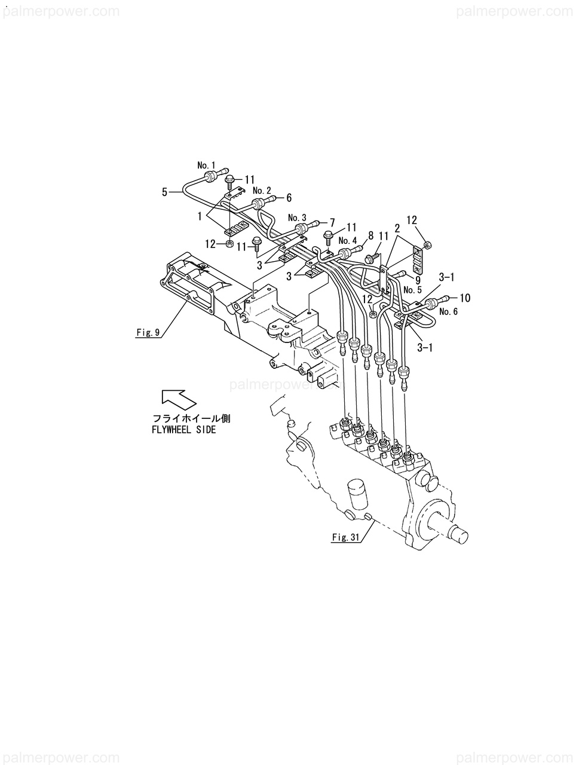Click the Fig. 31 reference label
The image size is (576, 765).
point(346,537)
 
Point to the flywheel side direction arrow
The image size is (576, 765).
point(179,398)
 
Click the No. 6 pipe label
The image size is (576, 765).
point(448,311)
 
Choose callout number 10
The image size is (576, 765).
point(465,297)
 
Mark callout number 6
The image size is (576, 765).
point(289,197)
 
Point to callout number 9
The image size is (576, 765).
point(418,279)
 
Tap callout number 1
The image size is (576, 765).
point(200,215)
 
